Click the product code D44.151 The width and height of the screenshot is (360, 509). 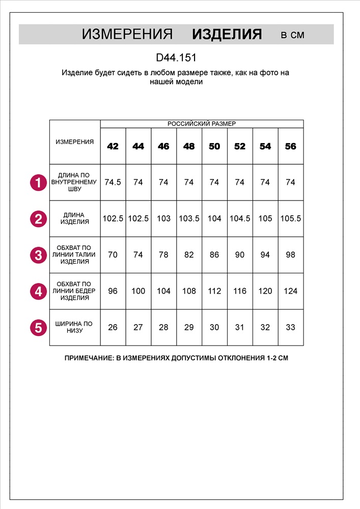click(176, 58)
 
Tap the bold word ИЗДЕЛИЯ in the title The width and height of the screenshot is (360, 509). click(227, 35)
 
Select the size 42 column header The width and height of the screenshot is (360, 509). click(113, 147)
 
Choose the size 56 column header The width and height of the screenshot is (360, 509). click(290, 147)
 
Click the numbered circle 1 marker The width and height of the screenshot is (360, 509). click(38, 182)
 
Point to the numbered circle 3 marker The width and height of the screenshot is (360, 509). click(38, 254)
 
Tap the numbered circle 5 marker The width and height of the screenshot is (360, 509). click(38, 327)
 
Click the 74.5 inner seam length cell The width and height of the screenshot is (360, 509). click(113, 182)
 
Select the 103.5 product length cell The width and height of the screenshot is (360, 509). click(189, 218)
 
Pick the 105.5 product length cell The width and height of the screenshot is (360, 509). click(290, 218)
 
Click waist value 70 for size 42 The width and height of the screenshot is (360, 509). click(113, 254)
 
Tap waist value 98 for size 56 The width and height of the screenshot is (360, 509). click(290, 254)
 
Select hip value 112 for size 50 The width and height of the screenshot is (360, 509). click(214, 291)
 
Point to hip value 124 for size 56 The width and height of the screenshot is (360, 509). click(290, 291)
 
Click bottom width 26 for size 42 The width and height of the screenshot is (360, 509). click(113, 327)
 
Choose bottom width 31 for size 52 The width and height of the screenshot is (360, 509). click(240, 327)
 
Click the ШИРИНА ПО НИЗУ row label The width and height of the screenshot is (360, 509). click(74, 327)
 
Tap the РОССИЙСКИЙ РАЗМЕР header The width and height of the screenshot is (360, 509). click(202, 124)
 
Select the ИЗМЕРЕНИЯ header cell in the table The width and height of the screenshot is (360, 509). click(74, 142)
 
